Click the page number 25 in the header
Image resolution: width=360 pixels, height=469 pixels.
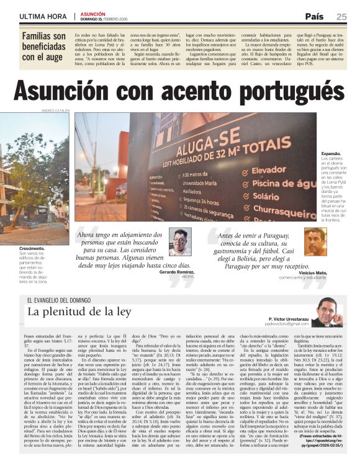[341, 17]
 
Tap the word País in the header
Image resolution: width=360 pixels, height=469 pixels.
[315, 17]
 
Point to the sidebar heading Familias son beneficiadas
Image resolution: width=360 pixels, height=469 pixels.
[43, 47]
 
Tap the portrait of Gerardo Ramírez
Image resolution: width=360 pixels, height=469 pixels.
[179, 241]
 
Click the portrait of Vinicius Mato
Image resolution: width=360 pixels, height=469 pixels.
[315, 241]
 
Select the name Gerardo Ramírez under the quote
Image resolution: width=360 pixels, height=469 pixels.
[177, 272]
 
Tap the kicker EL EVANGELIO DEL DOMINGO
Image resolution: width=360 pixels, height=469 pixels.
[64, 300]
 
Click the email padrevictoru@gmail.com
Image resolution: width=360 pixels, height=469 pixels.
[286, 323]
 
